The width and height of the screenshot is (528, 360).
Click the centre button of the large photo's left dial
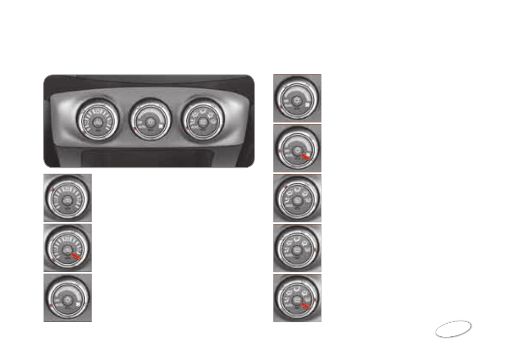point(97,123)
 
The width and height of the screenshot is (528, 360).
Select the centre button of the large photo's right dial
point(202,122)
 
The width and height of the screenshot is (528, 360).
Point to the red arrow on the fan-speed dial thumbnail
point(77,256)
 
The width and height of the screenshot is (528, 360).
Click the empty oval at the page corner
point(453,329)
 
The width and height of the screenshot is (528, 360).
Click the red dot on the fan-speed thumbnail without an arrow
point(52,190)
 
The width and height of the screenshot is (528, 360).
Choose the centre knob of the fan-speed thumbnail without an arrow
point(68,200)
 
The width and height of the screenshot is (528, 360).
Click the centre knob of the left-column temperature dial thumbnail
point(66,299)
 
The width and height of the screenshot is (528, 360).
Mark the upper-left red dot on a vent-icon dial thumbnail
point(285,186)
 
